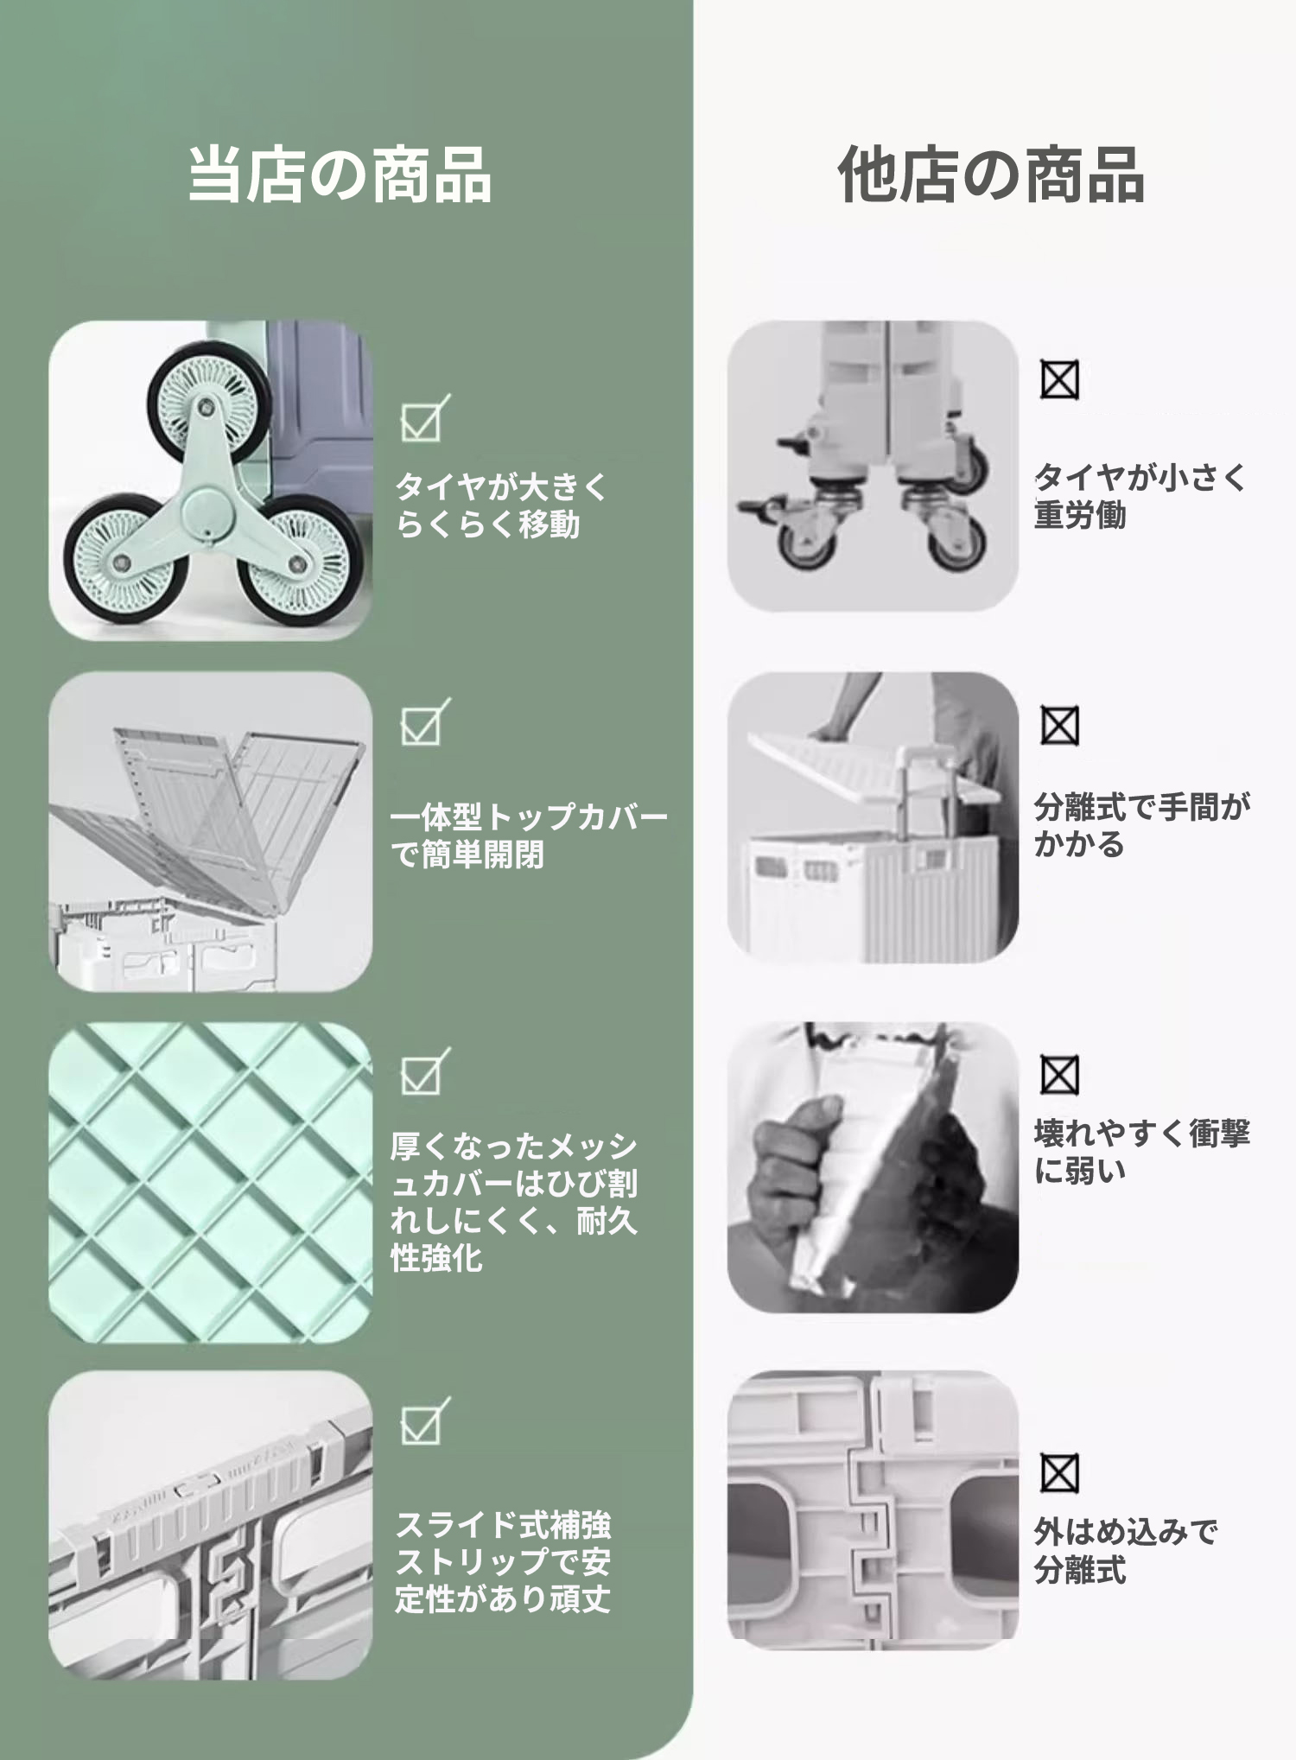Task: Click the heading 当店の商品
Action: point(340,175)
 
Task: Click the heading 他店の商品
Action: point(992,175)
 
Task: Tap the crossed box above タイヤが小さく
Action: point(1059,380)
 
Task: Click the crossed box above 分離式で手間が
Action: point(1059,726)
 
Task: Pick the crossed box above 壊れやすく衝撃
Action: point(1059,1076)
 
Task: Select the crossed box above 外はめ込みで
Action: point(1059,1473)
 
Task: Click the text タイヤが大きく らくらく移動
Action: point(502,505)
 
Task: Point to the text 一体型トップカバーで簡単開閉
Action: point(529,836)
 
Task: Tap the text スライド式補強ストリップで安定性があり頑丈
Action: point(503,1561)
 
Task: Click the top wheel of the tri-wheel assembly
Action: point(208,403)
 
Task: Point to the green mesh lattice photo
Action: point(210,1181)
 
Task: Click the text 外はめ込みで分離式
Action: point(1126,1551)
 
